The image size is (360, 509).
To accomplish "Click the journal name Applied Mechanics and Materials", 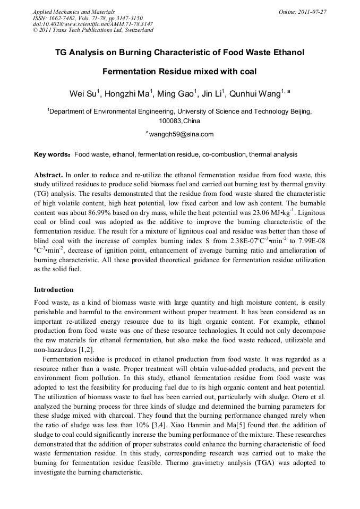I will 74,12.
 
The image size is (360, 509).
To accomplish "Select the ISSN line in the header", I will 88,18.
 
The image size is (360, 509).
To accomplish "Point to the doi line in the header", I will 93,24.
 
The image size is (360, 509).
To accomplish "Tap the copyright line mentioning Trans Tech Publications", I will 93,30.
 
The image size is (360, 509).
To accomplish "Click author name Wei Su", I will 83,94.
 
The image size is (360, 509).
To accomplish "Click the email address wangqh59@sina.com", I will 181,134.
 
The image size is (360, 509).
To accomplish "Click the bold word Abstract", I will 48,175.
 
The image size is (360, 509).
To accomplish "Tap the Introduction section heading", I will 54,290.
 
